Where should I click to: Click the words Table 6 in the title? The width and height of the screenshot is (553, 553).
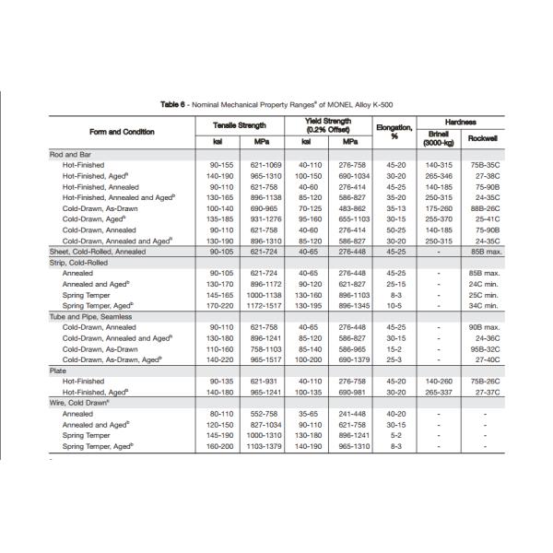(x=172, y=104)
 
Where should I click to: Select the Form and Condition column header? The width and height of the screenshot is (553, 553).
(x=122, y=131)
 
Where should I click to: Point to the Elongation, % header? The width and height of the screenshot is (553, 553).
(x=394, y=130)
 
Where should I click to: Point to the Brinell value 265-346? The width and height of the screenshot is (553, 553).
(x=438, y=175)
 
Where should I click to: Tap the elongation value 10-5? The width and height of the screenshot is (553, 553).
(x=394, y=305)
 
